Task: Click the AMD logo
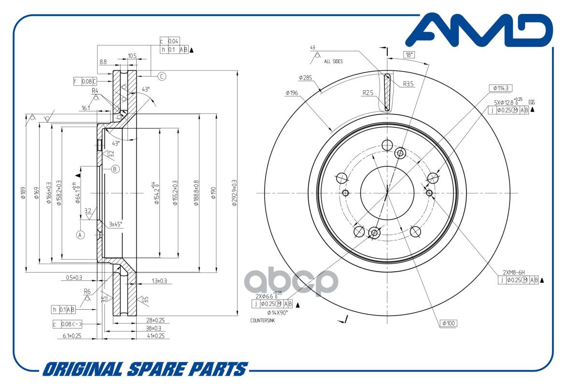(483, 31)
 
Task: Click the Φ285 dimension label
(306, 77)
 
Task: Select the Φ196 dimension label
(291, 93)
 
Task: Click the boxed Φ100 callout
(449, 324)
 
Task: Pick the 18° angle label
(409, 55)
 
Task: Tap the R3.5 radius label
(409, 83)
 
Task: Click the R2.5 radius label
(368, 93)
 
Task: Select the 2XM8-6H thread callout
(514, 272)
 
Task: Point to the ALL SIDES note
(334, 61)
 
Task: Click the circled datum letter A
(80, 234)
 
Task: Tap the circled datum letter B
(115, 169)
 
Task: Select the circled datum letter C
(162, 76)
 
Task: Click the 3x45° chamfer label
(115, 224)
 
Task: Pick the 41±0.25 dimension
(155, 335)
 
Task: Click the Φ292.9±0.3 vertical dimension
(234, 193)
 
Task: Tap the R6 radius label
(87, 291)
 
